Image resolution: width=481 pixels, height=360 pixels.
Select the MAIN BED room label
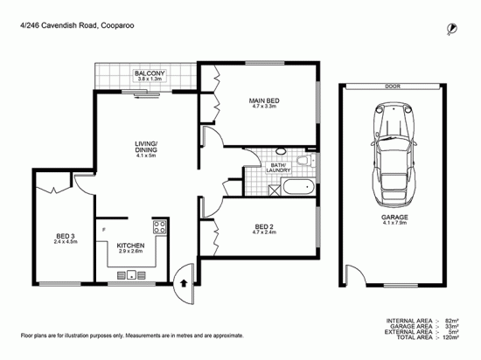click(263, 101)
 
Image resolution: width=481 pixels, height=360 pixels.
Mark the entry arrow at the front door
click(181, 282)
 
